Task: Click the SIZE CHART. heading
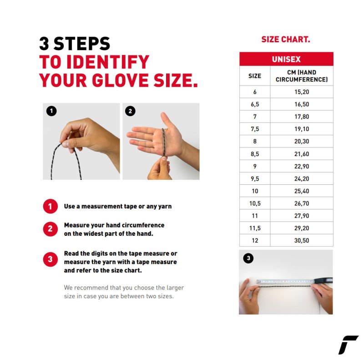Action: [x=286, y=39]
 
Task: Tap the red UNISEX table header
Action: [x=286, y=59]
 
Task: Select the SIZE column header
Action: [x=255, y=76]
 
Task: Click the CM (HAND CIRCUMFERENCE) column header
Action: [x=302, y=76]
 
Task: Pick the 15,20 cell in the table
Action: [x=302, y=92]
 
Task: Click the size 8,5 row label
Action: [x=255, y=154]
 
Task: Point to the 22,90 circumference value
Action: [x=302, y=166]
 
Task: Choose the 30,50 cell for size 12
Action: [x=302, y=240]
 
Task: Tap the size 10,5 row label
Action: [x=255, y=203]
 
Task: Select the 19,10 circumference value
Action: [x=302, y=129]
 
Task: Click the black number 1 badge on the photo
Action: [x=51, y=111]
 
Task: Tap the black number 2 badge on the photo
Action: [x=130, y=111]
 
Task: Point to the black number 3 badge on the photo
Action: [x=248, y=258]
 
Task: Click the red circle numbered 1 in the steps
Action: [x=50, y=206]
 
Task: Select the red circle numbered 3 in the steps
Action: [x=50, y=259]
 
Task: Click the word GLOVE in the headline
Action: [x=120, y=81]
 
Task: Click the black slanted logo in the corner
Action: [x=348, y=345]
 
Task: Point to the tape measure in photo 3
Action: [x=294, y=281]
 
